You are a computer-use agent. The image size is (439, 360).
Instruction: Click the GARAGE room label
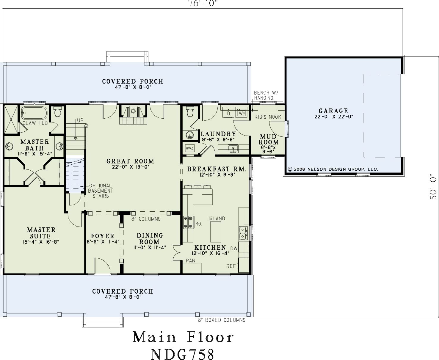click(x=333, y=111)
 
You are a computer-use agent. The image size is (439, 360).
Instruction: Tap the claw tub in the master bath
click(x=35, y=113)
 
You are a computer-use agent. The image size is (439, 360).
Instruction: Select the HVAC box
click(x=190, y=148)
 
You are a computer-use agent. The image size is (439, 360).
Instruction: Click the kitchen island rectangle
click(x=216, y=232)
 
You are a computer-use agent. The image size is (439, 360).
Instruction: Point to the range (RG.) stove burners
click(x=188, y=222)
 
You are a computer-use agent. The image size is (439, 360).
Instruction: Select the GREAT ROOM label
click(x=130, y=161)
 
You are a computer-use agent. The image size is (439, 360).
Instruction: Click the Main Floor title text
click(x=183, y=337)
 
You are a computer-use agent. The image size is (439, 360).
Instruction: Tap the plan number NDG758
click(x=182, y=354)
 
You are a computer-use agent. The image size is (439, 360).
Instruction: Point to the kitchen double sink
click(x=243, y=233)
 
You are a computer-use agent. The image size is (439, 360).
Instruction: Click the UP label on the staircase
click(x=80, y=120)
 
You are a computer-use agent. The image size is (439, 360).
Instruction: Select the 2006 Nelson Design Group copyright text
click(x=333, y=169)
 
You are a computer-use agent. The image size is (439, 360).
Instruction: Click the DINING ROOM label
click(x=149, y=238)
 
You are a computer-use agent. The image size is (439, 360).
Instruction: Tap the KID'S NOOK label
click(x=268, y=117)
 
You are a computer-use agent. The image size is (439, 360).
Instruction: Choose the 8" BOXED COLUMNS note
click(x=222, y=320)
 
